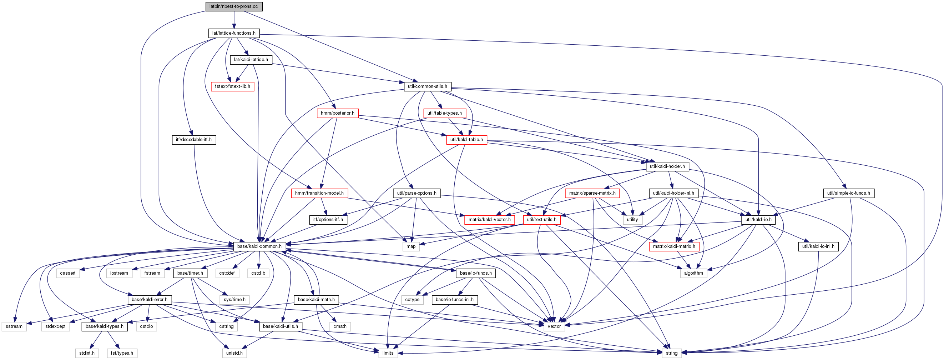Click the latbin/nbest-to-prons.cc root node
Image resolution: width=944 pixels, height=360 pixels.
click(x=234, y=6)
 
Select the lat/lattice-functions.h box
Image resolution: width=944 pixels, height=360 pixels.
click(x=234, y=33)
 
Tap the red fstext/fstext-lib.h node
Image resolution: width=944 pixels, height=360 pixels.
click(x=232, y=86)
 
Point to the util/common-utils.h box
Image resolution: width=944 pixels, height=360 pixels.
click(x=427, y=86)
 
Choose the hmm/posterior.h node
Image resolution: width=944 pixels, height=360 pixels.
click(x=338, y=113)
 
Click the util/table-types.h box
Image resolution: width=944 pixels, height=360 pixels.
click(x=444, y=113)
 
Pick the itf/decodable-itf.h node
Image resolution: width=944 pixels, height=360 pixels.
click(x=194, y=140)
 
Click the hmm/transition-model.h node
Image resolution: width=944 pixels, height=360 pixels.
click(x=319, y=193)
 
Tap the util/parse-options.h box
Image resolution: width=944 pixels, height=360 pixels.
click(x=417, y=193)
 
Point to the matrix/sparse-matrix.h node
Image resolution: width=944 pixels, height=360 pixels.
click(x=592, y=193)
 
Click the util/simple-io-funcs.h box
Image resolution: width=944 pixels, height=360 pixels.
click(x=849, y=193)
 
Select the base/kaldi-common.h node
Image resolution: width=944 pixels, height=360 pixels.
click(x=259, y=246)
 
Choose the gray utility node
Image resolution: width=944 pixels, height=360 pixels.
click(x=632, y=220)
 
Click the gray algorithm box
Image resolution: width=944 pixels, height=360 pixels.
click(x=693, y=273)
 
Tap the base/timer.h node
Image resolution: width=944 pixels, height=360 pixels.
click(x=190, y=273)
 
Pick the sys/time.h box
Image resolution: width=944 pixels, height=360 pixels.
click(x=234, y=300)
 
